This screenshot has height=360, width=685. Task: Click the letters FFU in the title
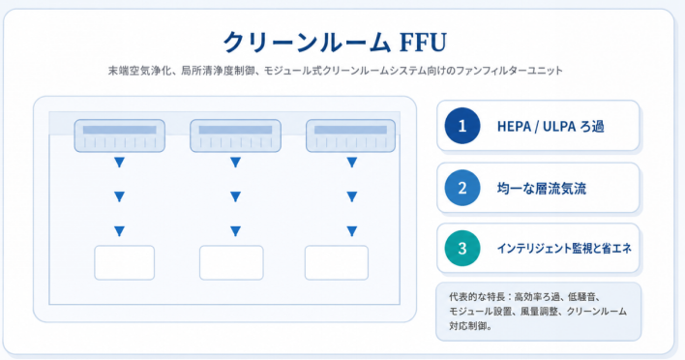423,43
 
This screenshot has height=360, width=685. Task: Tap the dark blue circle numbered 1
462,126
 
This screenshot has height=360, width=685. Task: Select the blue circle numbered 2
462,188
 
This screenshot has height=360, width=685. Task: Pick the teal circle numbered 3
462,248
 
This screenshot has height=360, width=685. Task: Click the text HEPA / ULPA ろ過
551,127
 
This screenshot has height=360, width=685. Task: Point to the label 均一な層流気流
542,189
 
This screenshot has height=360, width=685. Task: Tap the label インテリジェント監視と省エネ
564,249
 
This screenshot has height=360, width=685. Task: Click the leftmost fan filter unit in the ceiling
120,135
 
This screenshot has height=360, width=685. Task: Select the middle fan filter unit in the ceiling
235,135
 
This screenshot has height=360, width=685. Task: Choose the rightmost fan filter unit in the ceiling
351,135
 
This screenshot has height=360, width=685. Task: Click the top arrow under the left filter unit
119,163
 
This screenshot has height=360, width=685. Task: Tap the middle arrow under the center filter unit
235,196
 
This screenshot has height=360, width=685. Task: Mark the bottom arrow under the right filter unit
351,230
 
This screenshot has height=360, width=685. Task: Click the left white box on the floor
125,262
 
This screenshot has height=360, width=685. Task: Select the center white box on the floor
231,262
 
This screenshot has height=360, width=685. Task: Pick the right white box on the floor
337,262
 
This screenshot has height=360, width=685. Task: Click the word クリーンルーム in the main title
307,43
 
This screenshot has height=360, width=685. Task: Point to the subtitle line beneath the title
336,71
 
